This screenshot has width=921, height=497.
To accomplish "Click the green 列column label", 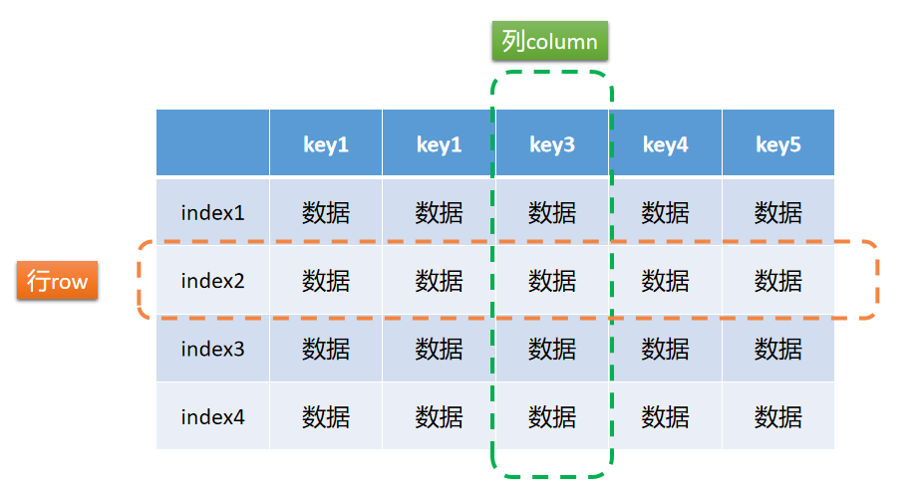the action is [550, 41].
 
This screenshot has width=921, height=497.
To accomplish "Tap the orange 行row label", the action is [57, 281].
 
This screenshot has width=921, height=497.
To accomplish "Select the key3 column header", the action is [552, 142].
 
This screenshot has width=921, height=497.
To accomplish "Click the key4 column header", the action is [666, 142].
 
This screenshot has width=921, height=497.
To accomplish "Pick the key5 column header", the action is [778, 142].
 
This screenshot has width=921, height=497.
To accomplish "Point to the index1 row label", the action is [212, 212].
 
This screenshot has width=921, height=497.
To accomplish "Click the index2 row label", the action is [212, 280].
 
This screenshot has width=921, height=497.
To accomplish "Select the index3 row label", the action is [212, 349].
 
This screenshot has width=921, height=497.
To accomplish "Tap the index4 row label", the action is [212, 416].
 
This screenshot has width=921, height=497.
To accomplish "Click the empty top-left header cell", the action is [212, 142].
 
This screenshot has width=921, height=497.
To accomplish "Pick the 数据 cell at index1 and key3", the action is [552, 212].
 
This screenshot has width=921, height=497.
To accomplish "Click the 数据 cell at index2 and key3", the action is [552, 280].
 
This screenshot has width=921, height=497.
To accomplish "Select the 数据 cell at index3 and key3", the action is [552, 349].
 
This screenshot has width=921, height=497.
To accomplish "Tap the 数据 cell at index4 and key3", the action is [552, 416].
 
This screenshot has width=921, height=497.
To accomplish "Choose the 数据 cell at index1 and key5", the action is [778, 212].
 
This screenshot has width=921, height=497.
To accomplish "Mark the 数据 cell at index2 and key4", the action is [666, 280].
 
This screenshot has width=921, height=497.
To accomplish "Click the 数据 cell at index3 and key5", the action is [778, 349].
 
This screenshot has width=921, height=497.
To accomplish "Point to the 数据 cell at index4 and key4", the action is [666, 416].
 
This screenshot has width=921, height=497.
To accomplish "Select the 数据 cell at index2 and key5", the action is [778, 280].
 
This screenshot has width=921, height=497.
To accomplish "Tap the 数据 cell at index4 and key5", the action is [778, 416].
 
